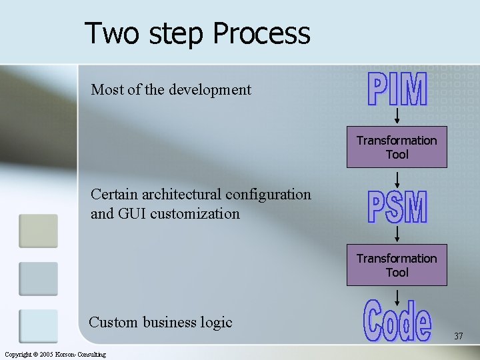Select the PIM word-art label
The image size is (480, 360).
pos(397,89)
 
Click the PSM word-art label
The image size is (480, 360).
pos(397,207)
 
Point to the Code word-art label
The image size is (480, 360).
pos(397,323)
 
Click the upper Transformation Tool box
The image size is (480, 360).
pos(397,147)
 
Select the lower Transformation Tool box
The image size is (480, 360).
pos(397,265)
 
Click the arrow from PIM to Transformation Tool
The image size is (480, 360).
pos(397,116)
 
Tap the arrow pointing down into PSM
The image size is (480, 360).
pos(397,179)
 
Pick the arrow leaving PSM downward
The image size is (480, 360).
pos(397,233)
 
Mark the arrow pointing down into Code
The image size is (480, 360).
pos(397,293)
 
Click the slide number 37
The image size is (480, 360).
pos(458,337)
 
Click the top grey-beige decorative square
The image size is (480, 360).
pos(38,230)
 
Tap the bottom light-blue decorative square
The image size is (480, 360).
pos(38,326)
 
